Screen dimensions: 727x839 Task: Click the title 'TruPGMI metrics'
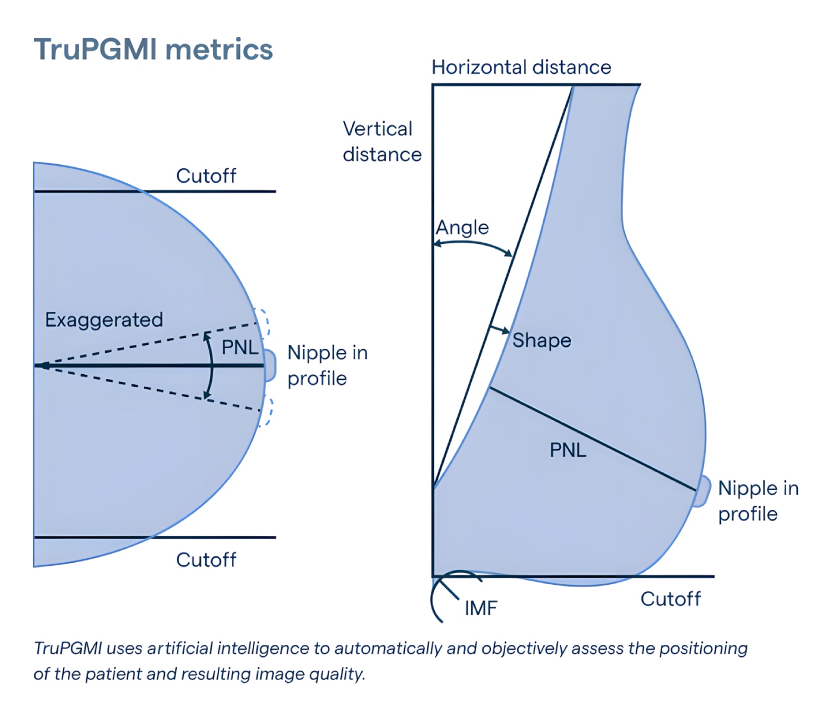[153, 49]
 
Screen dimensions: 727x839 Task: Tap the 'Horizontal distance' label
[521, 67]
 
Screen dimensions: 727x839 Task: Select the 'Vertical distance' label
[381, 142]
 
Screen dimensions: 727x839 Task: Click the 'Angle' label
[462, 228]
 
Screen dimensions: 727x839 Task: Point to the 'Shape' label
[541, 340]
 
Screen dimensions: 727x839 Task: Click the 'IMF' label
[481, 608]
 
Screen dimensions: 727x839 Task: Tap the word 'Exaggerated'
[104, 320]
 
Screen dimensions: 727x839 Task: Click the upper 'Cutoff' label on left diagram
[206, 176]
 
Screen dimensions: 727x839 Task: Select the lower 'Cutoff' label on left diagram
[206, 560]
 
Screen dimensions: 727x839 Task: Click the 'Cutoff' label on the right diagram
[671, 599]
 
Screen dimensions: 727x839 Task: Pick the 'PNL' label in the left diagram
[240, 347]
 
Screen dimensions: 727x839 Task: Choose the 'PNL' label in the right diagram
[568, 450]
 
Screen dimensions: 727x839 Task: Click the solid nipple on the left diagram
[270, 365]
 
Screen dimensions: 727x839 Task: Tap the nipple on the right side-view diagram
[703, 491]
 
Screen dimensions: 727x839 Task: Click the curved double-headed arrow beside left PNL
[211, 365]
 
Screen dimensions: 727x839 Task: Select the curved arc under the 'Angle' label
[473, 245]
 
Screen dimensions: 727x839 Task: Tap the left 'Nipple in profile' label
[327, 365]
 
